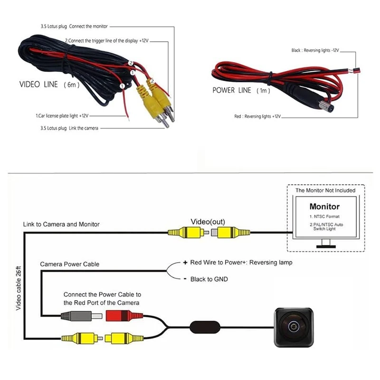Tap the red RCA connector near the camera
pyautogui.click(x=124, y=316)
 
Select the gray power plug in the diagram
pyautogui.click(x=81, y=316)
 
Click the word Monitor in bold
pyautogui.click(x=324, y=207)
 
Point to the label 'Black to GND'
pyautogui.click(x=209, y=279)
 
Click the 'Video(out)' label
pyautogui.click(x=208, y=221)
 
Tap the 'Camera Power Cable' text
pyautogui.click(x=69, y=264)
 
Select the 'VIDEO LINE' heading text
pyautogui.click(x=38, y=85)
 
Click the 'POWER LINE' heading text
pyautogui.click(x=232, y=90)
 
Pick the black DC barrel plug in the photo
pyautogui.click(x=310, y=97)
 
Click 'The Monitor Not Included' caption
pyautogui.click(x=325, y=190)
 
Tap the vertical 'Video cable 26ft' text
pyautogui.click(x=19, y=288)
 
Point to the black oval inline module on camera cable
pyautogui.click(x=205, y=327)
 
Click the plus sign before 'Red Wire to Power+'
pyautogui.click(x=185, y=263)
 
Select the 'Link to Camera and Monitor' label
pyautogui.click(x=61, y=224)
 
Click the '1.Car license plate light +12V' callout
pyautogui.click(x=62, y=116)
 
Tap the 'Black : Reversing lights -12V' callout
pyautogui.click(x=315, y=50)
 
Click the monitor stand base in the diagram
pyautogui.click(x=326, y=247)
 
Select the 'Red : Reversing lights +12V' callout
pyautogui.click(x=257, y=116)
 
